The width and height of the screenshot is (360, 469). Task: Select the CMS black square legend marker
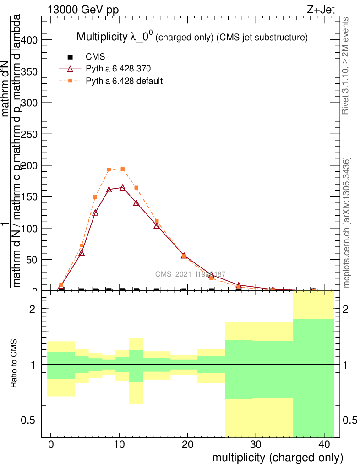click(70, 57)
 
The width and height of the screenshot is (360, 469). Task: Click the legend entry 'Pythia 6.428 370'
click(119, 69)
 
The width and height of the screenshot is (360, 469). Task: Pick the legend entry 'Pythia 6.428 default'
click(124, 81)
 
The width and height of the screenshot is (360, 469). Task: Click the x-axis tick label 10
click(119, 444)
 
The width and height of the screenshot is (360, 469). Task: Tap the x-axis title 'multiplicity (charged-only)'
click(277, 457)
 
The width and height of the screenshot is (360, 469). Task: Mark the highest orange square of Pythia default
click(122, 169)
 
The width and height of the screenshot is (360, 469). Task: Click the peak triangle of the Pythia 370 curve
click(122, 187)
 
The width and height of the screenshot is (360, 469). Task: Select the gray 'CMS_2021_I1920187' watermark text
click(190, 274)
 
